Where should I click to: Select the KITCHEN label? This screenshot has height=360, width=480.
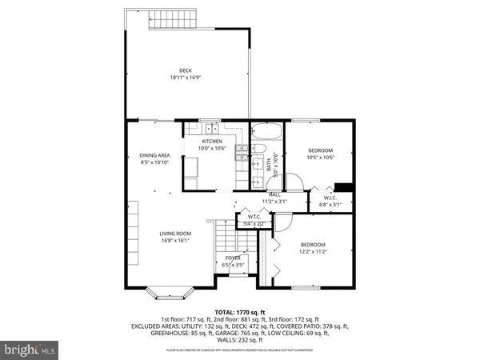[x=212, y=141]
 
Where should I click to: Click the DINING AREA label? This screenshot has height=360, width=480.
[x=154, y=155]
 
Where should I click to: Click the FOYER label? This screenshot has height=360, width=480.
[x=233, y=258]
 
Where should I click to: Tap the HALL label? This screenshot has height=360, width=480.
[x=274, y=194]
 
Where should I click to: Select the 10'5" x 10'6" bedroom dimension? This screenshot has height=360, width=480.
[x=320, y=158]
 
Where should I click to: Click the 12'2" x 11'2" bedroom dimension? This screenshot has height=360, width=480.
[x=312, y=251]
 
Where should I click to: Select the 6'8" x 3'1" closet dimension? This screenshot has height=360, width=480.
[x=331, y=204]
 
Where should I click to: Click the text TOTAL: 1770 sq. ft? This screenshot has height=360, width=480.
[x=239, y=312]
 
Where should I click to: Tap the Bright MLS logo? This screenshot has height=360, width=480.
[x=30, y=350]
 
